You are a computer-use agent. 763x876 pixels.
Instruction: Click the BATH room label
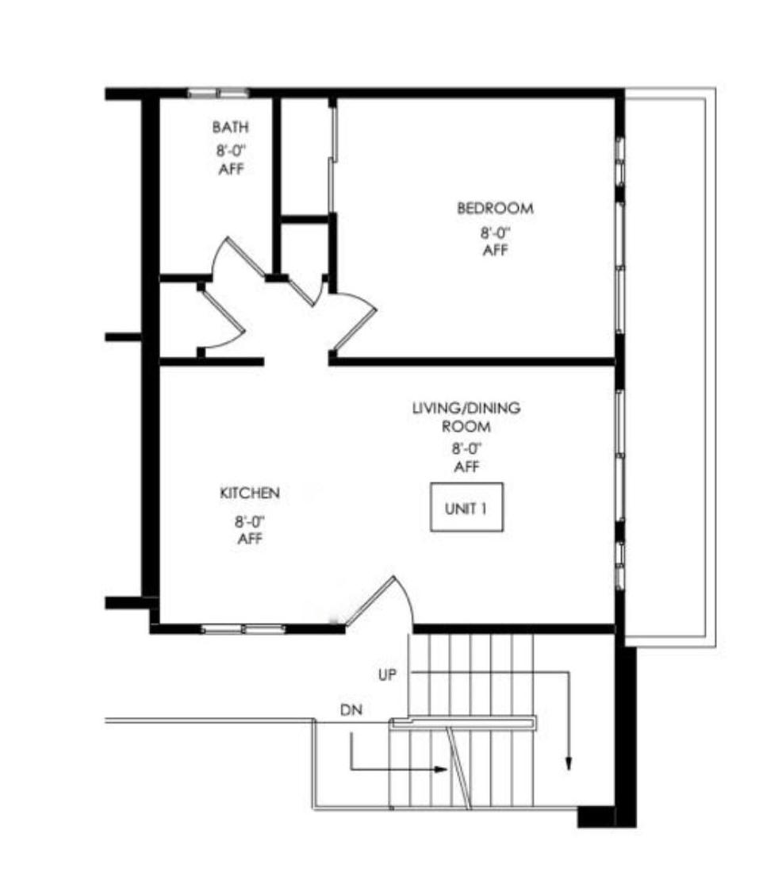coord(230,128)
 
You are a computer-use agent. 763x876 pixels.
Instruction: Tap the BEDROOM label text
coord(496,209)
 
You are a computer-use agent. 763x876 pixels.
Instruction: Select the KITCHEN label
coord(250,494)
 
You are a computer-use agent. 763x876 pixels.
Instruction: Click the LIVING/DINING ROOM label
coord(466,417)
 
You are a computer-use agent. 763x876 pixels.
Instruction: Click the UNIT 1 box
coord(466,507)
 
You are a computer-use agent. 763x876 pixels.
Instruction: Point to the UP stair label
coord(387,675)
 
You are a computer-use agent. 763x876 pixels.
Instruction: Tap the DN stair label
coord(351,710)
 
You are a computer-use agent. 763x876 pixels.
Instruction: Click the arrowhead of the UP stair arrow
coord(569,763)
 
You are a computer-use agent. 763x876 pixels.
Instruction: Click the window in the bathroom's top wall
coord(217,93)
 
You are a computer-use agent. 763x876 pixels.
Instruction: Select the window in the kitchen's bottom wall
coord(243,629)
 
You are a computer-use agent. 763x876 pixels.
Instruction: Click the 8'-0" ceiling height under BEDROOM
coord(496,232)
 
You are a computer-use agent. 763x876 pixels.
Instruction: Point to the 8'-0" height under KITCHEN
coord(249,522)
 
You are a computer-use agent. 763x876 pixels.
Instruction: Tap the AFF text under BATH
coord(231,169)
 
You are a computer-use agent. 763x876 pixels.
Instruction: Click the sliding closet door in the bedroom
coord(333,159)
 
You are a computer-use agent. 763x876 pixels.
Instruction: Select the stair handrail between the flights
coord(463,722)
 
